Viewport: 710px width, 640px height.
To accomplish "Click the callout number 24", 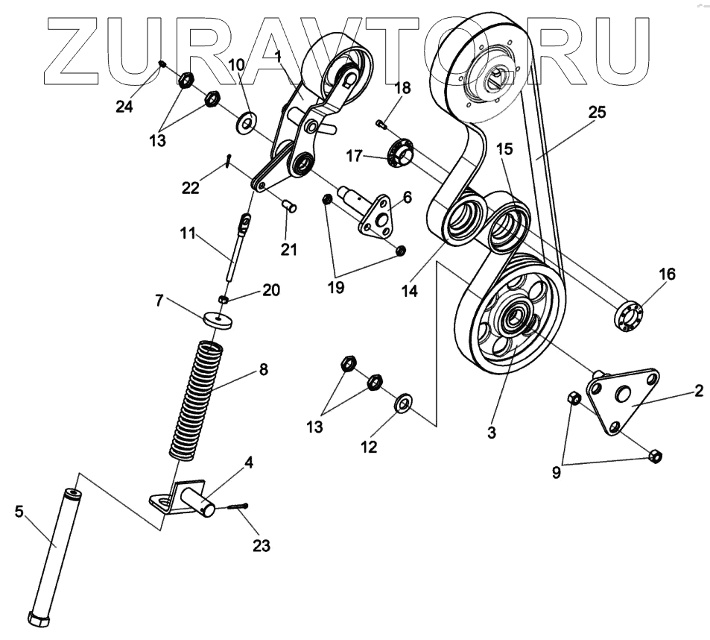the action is click(x=124, y=107).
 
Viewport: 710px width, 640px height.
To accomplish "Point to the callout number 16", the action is click(x=666, y=274).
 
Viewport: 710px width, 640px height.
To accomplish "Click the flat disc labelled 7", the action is click(x=218, y=319).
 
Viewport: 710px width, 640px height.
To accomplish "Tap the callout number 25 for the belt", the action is click(x=597, y=113).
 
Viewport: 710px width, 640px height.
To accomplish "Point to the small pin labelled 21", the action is click(x=290, y=205).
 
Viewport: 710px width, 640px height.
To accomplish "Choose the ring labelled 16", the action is click(x=628, y=314).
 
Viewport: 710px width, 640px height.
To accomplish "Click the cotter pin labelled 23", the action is click(x=238, y=507).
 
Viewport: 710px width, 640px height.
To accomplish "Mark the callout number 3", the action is click(x=491, y=431).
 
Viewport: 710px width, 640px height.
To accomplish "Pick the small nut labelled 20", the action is click(x=223, y=299).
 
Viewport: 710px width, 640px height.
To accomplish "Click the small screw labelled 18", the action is click(x=381, y=122).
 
